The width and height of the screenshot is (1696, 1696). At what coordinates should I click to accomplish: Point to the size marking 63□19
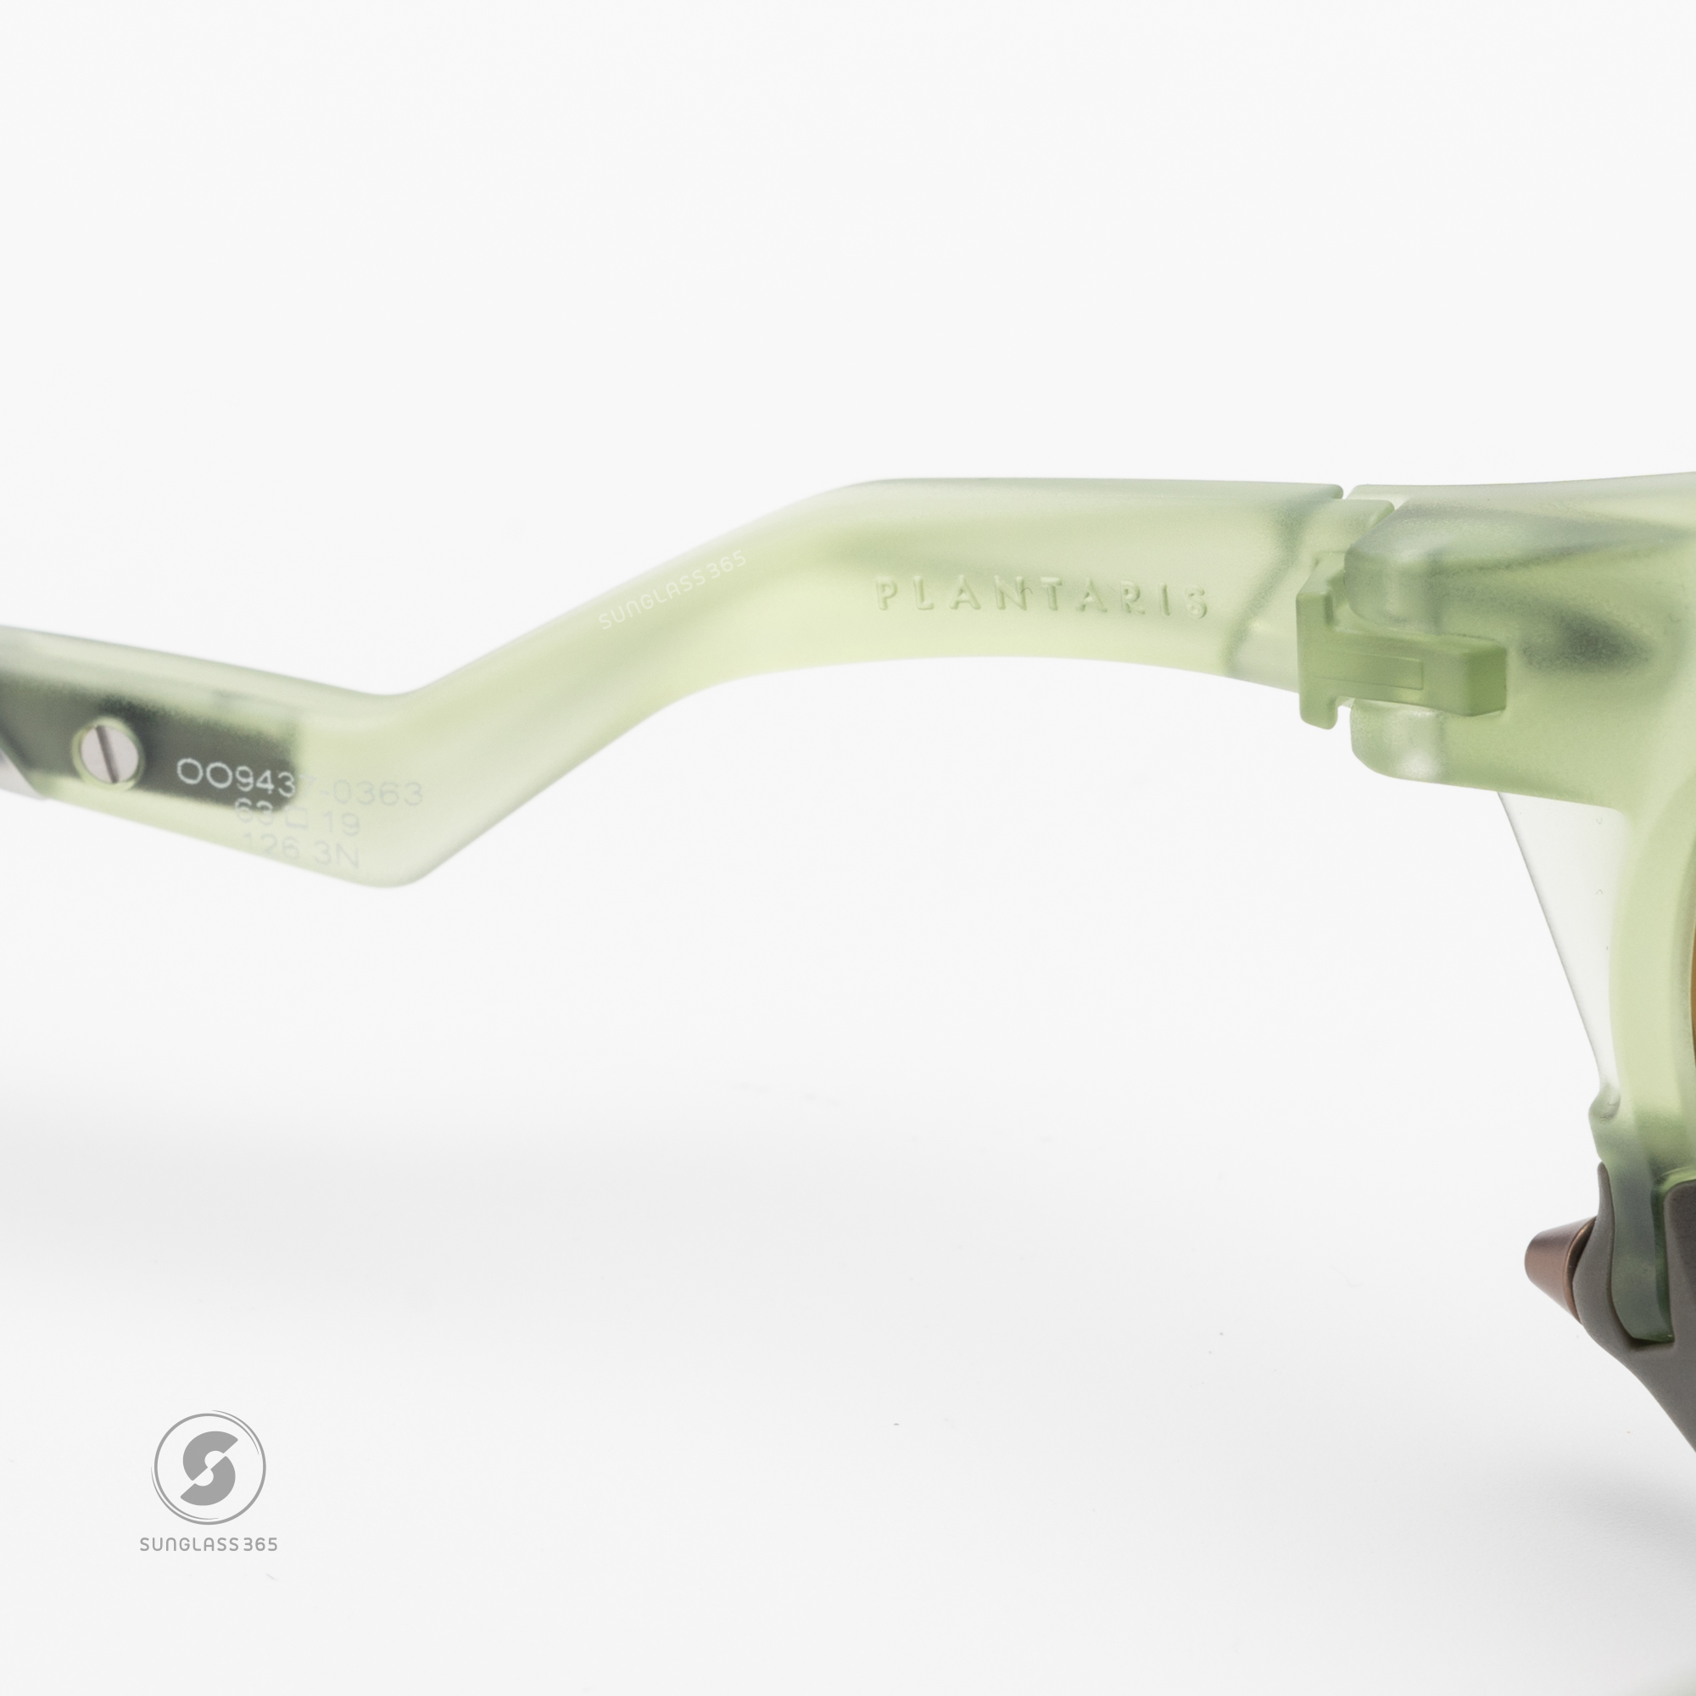298,821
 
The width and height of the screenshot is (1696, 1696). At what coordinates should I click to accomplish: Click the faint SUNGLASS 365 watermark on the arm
672,590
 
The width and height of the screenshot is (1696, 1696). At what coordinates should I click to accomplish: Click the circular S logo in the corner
209,1469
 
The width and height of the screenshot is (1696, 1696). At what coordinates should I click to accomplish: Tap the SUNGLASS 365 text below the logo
209,1569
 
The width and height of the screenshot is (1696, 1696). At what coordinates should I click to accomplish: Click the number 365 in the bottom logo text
259,1569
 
